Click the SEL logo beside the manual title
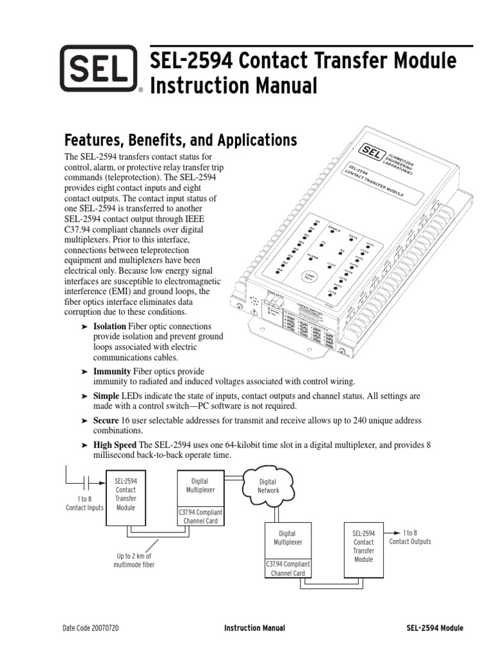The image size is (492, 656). [99, 68]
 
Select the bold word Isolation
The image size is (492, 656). [110, 326]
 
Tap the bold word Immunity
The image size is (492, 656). [112, 372]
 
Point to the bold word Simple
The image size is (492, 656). [106, 397]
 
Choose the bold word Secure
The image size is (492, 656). [106, 420]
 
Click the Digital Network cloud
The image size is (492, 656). [267, 486]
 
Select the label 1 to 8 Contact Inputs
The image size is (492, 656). [84, 503]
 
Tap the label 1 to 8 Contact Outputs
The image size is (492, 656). [410, 537]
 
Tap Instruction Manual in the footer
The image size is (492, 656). [254, 628]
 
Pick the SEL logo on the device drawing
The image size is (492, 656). [370, 152]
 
